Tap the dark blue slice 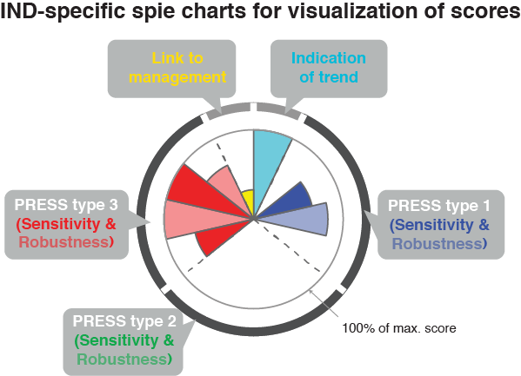(x=292, y=199)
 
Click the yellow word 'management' (x=177, y=77)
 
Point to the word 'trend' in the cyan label (x=338, y=77)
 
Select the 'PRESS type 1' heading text (x=439, y=206)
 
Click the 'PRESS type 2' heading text (x=124, y=321)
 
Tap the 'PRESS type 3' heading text (x=66, y=205)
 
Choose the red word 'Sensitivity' (x=61, y=224)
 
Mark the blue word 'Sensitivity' (x=434, y=225)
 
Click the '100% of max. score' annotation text (x=399, y=328)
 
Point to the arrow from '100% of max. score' (x=324, y=304)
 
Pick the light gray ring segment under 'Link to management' (x=228, y=111)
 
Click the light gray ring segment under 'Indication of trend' (x=278, y=111)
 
